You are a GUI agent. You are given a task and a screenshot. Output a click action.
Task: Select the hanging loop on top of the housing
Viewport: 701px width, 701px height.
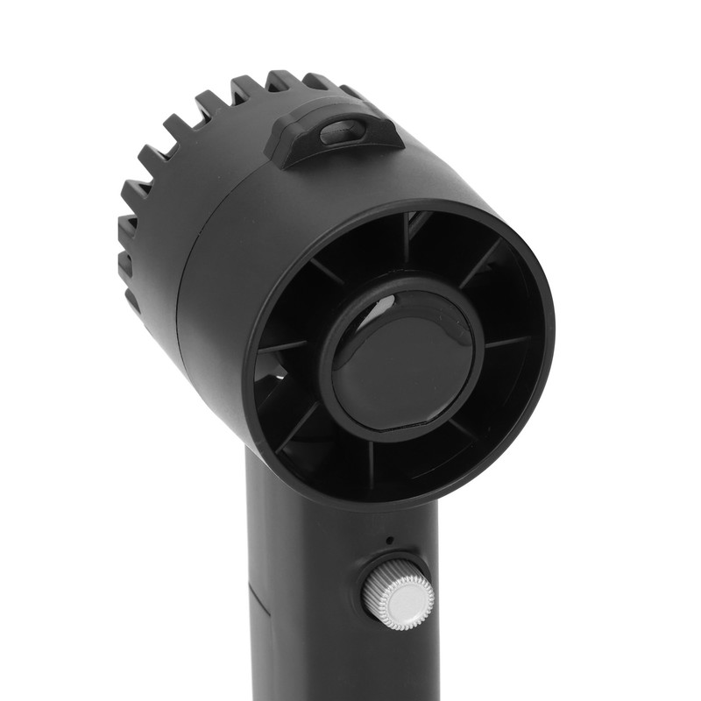(x=333, y=131)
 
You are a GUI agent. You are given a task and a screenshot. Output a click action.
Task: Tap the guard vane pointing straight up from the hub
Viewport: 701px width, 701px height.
(x=406, y=241)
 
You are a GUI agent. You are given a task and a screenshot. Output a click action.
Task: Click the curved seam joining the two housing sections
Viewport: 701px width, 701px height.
(x=188, y=263)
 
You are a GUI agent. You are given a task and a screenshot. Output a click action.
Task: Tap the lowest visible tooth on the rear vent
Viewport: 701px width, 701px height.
(x=131, y=298)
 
